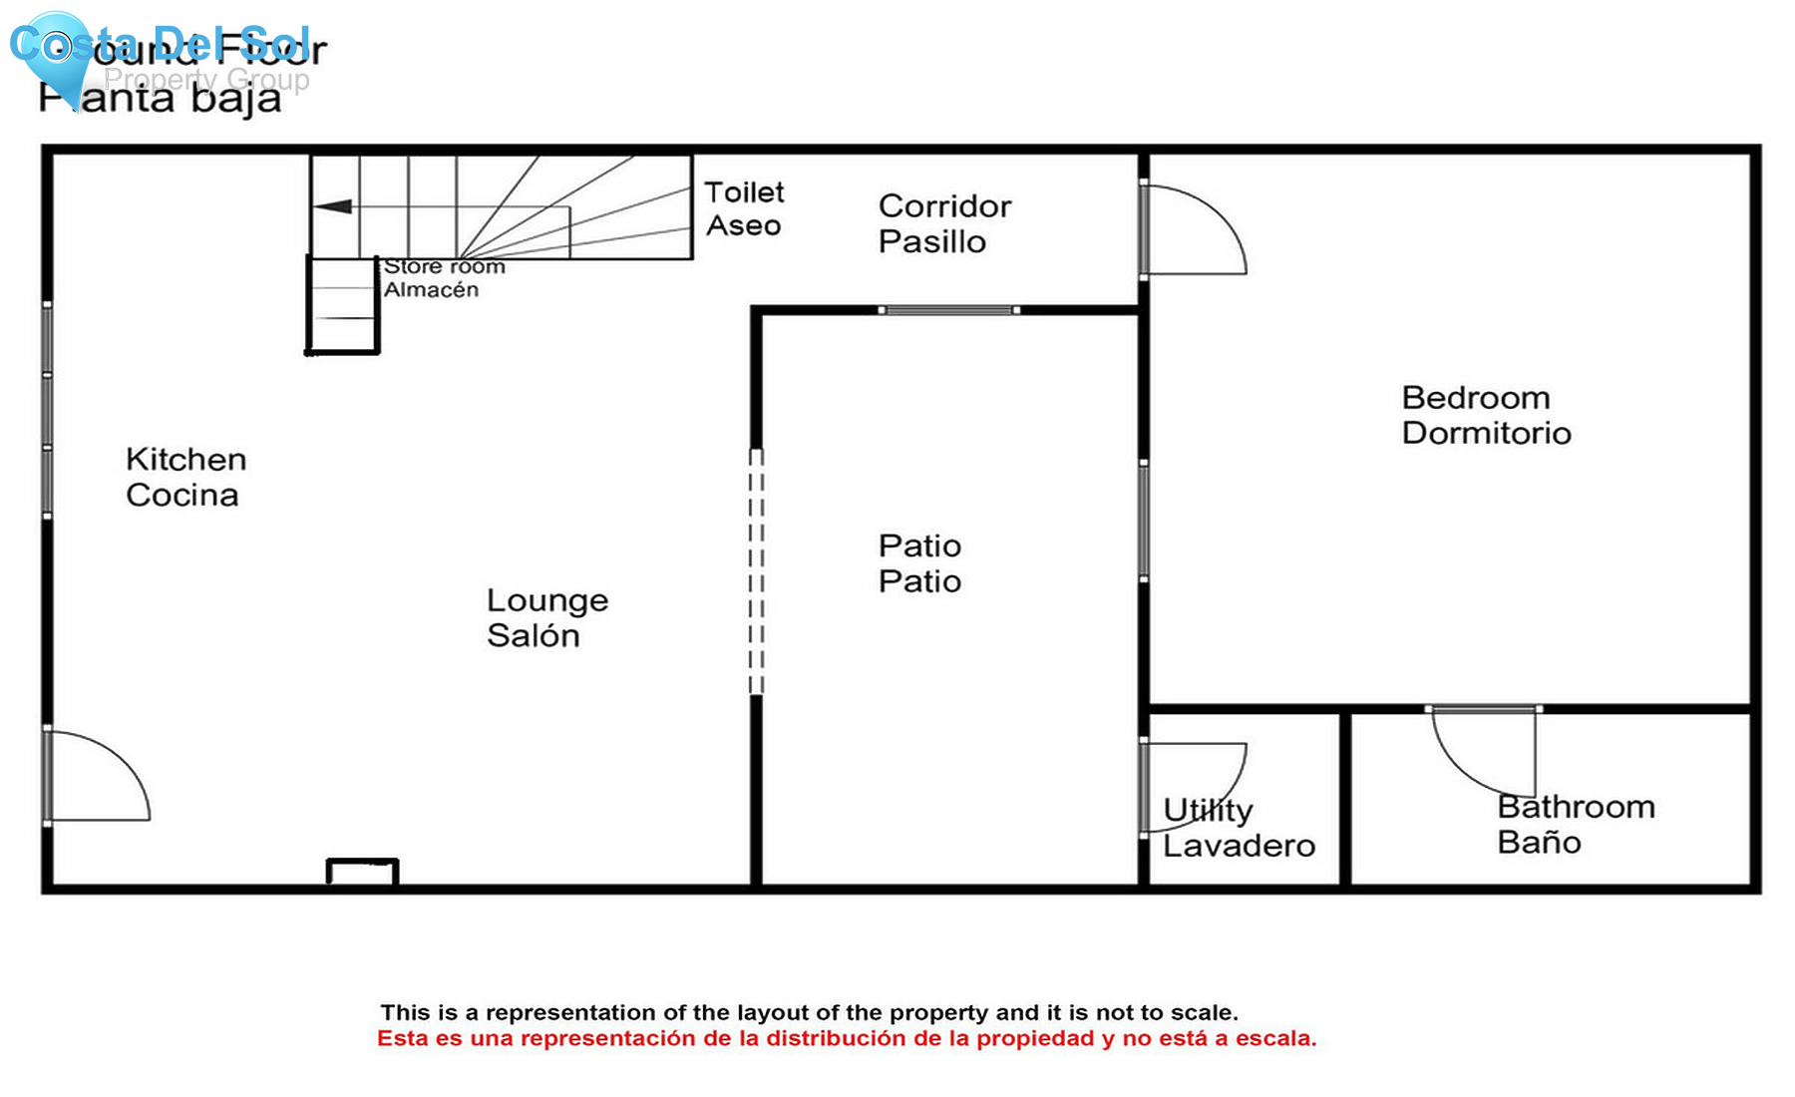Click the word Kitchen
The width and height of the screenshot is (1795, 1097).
coord(185,460)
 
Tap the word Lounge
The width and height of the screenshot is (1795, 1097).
coord(546,600)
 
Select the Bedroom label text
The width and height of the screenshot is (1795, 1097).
coord(1475,398)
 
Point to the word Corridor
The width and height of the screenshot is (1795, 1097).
coord(944,206)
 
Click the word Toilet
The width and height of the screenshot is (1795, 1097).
coord(744,191)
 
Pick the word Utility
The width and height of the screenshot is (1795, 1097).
coord(1208,810)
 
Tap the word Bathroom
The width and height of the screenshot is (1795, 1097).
coord(1576,807)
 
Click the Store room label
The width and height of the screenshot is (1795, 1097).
coord(445,266)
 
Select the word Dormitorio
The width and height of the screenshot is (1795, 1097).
coord(1486,433)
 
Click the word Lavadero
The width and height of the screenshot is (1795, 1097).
coord(1239,846)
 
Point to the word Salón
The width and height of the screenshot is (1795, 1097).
coord(533,635)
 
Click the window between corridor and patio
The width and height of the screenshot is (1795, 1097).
coord(948,310)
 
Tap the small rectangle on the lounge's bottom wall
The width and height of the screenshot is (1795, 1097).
coord(362,872)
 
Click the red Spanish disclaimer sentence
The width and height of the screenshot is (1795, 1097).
coord(846,1039)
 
